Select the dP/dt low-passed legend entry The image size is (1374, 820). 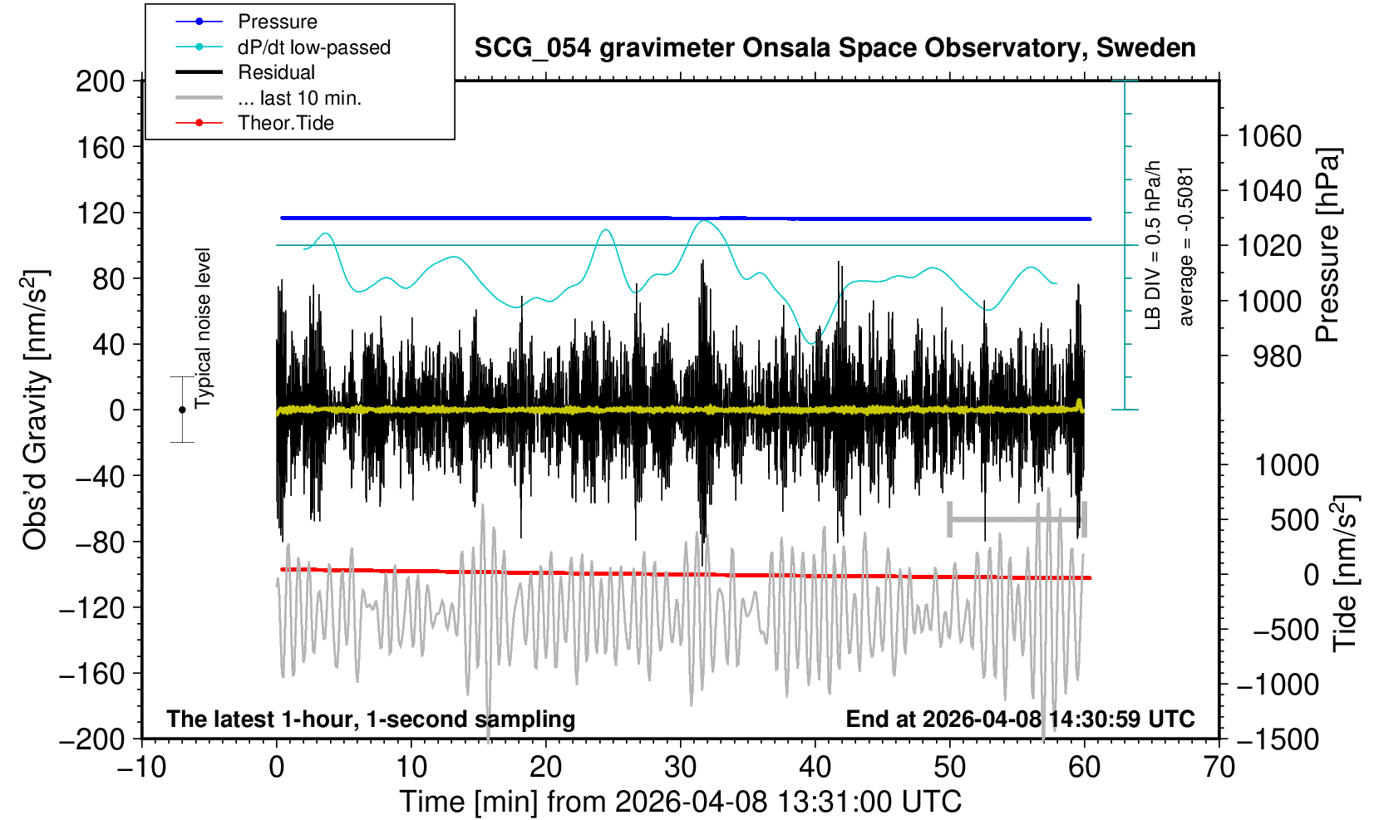tap(313, 47)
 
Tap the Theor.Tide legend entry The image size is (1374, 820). tap(285, 123)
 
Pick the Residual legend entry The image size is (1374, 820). tap(276, 72)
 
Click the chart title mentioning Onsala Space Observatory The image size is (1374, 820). tap(835, 48)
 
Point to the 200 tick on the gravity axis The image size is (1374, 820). tap(100, 81)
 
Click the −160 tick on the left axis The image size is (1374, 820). tap(91, 674)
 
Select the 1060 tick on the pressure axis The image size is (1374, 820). tap(1269, 135)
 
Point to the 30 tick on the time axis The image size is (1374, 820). tap(680, 766)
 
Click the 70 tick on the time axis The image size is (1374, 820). tap(1219, 766)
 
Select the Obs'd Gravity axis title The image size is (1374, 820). tap(35, 410)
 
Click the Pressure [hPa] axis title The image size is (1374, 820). tap(1327, 245)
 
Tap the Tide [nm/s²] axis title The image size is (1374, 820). tap(1344, 573)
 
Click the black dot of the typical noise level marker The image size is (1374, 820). tap(182, 410)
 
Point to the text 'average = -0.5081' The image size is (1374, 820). tap(1186, 246)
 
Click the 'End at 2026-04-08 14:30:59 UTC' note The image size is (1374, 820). tap(1020, 719)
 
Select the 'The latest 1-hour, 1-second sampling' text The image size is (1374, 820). tap(371, 719)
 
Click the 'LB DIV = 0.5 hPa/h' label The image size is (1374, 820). tap(1152, 246)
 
